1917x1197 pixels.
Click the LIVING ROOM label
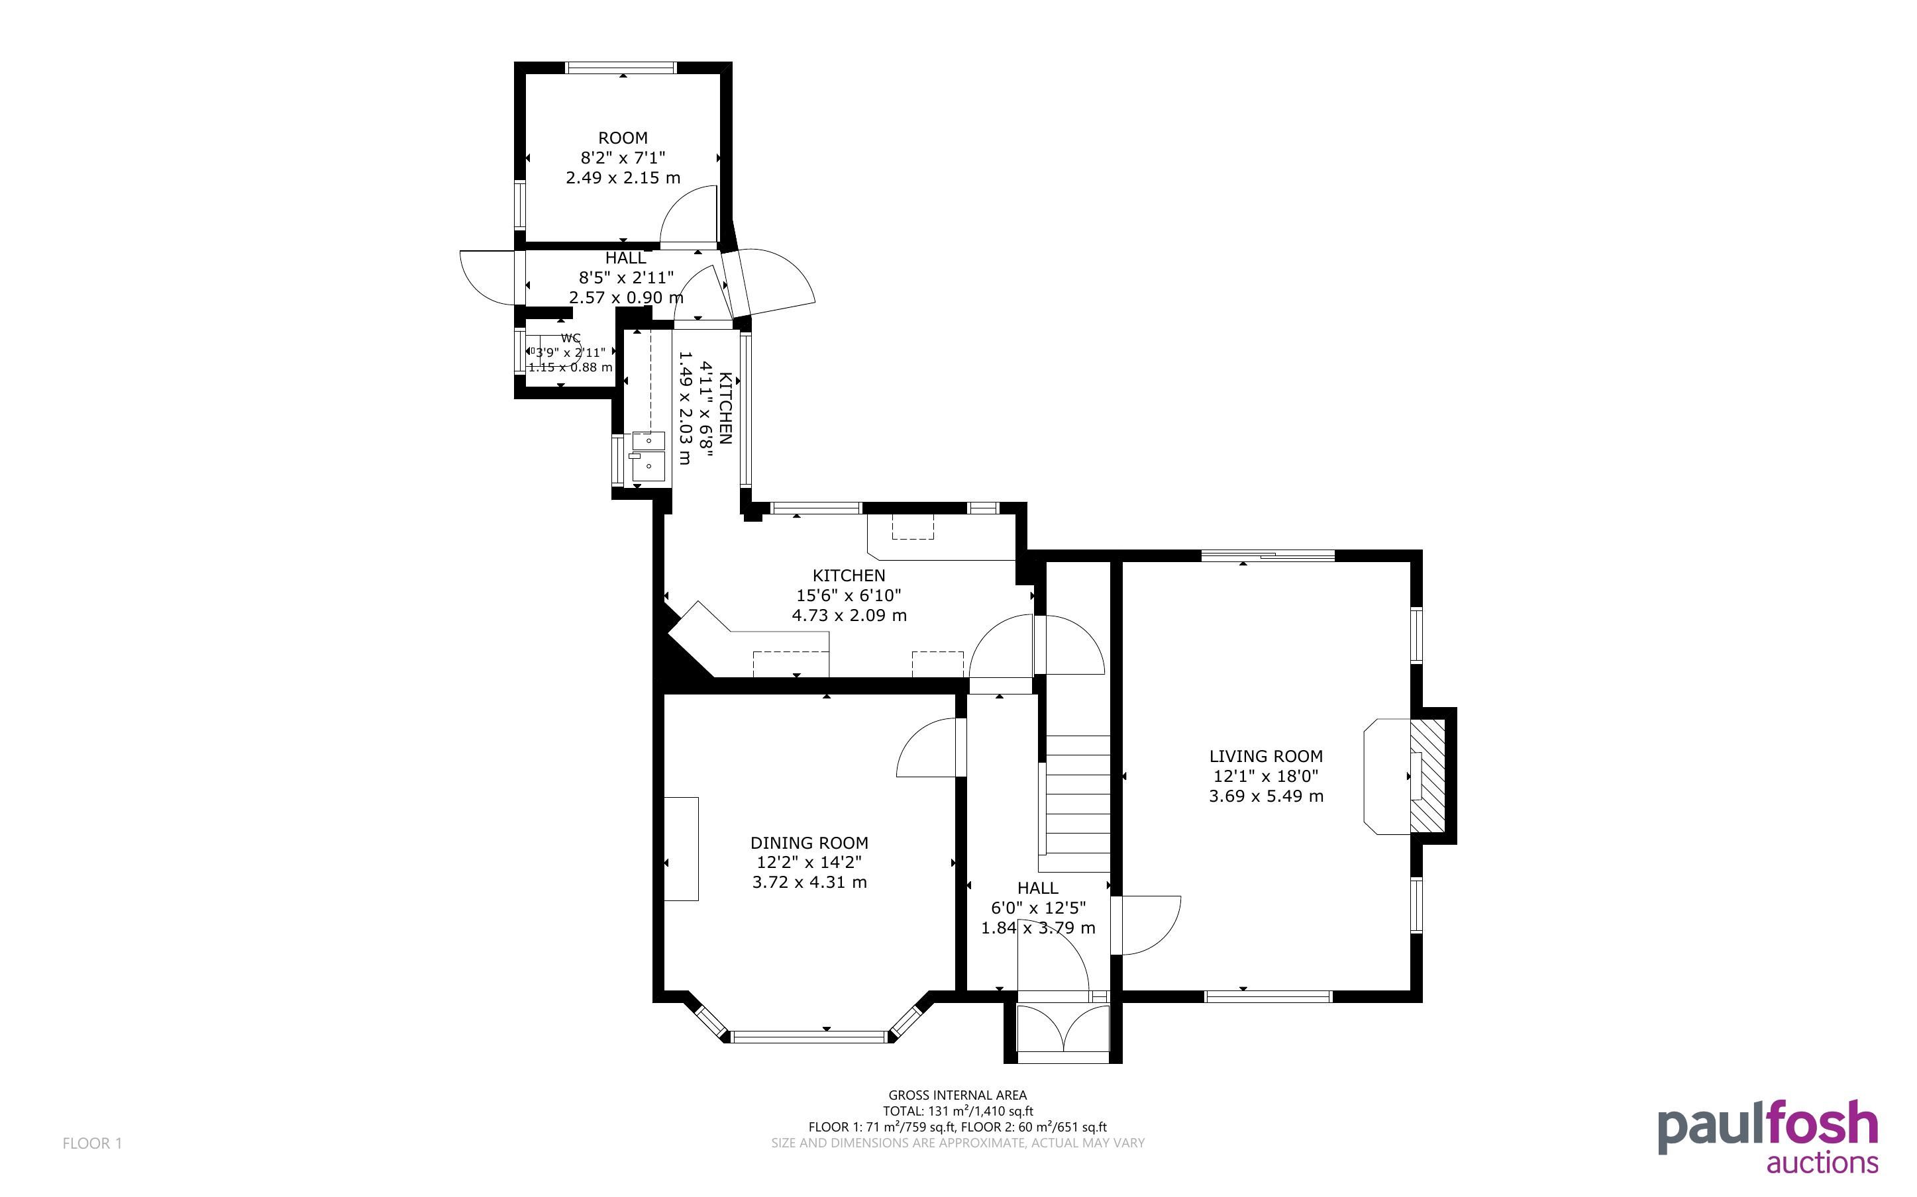tap(1265, 756)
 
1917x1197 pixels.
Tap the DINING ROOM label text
tap(809, 843)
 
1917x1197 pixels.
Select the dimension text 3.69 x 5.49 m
tap(1265, 796)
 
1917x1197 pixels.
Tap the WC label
tap(570, 338)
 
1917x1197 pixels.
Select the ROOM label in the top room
tap(623, 138)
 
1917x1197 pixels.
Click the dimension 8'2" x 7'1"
tap(623, 158)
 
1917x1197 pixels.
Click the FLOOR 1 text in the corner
tap(92, 1143)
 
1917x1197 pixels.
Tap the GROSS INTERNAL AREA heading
tap(957, 1096)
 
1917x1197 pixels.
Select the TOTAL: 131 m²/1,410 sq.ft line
tap(957, 1112)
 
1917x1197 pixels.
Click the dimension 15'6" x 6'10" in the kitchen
tap(849, 595)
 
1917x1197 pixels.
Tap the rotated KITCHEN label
tap(725, 407)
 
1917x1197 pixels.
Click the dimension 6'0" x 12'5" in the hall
tap(1038, 908)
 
